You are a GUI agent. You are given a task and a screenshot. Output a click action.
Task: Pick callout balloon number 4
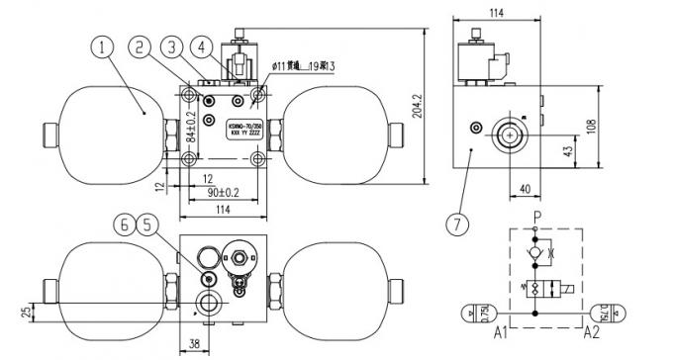[x=202, y=45]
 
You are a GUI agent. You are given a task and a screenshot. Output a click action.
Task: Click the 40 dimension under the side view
[x=525, y=187]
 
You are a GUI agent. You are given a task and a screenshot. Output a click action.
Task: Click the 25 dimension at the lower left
[x=25, y=315]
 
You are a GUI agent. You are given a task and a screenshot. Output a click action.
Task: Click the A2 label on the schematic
[x=592, y=332]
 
